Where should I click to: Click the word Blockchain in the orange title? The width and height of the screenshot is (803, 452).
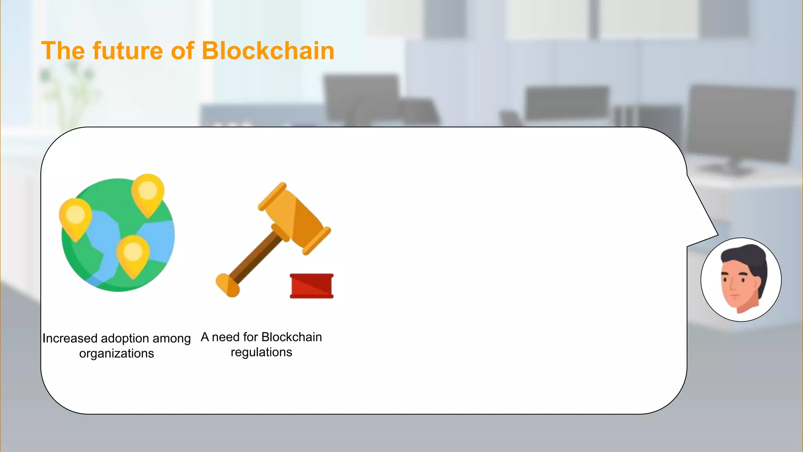(268, 51)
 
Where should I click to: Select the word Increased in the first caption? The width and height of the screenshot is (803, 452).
(70, 338)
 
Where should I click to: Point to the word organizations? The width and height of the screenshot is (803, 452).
(116, 354)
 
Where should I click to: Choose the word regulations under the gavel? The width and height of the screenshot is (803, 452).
(261, 352)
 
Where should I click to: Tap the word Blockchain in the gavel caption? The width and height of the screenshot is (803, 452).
(291, 337)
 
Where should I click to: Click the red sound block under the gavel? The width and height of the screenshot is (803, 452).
(312, 286)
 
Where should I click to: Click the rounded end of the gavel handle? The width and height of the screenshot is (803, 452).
(227, 285)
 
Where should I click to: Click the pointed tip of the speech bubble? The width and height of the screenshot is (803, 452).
(717, 235)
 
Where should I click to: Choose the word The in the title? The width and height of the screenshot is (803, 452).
(63, 51)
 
